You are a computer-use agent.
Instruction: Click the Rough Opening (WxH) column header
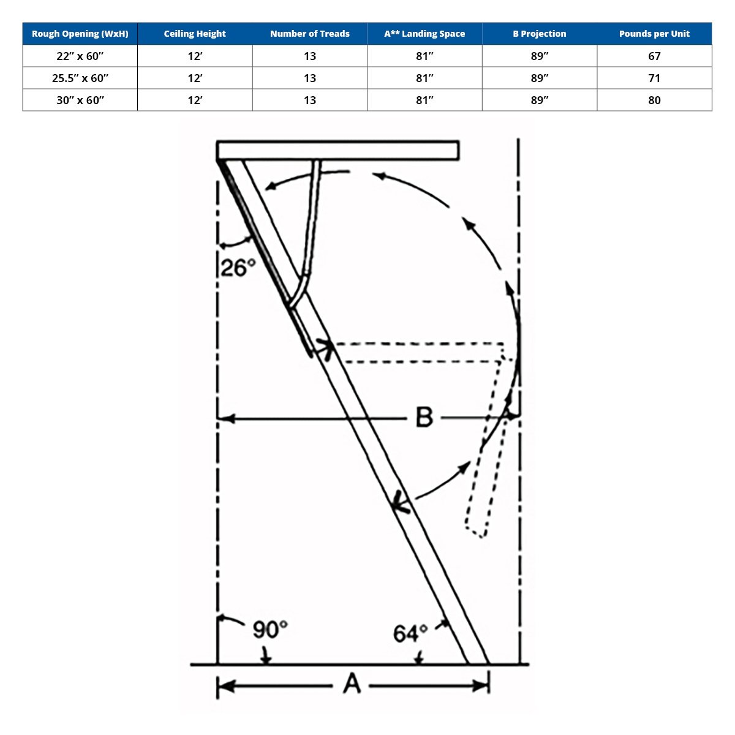coord(80,34)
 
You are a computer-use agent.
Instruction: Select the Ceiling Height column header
coord(195,34)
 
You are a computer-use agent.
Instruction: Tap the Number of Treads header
coord(310,34)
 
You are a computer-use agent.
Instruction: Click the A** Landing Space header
coord(424,34)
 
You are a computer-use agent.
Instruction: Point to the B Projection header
coord(540,34)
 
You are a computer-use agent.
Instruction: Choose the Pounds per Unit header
coord(654,34)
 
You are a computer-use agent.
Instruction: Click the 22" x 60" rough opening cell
coord(80,56)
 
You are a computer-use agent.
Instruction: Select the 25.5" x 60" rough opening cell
coord(80,78)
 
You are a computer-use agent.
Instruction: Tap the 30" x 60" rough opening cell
coord(80,100)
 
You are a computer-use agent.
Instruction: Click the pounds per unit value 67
coord(654,56)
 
